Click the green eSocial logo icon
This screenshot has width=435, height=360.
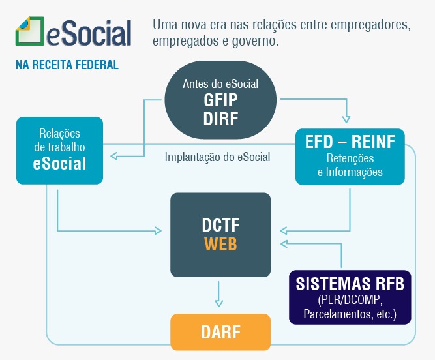point(30,31)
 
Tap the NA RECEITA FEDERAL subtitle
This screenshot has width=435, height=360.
point(67,65)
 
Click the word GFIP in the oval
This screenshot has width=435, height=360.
point(220,100)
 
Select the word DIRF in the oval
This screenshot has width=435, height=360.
point(220,119)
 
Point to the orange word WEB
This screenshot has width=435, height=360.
point(220,244)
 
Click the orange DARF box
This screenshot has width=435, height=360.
point(220,332)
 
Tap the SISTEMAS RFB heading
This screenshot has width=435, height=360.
point(350,284)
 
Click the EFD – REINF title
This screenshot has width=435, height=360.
point(350,142)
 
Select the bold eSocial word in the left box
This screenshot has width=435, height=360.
point(59,163)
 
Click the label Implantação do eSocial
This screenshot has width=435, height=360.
point(217,157)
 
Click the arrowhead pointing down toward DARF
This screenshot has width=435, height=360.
point(219,303)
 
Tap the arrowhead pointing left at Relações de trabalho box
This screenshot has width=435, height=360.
point(114,156)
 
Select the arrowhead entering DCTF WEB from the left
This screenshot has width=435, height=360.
point(158,230)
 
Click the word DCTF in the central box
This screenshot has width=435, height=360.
point(220,225)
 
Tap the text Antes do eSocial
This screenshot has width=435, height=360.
point(220,83)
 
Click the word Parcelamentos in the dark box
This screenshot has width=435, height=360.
point(337,314)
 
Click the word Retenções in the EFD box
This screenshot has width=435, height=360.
point(350,158)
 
